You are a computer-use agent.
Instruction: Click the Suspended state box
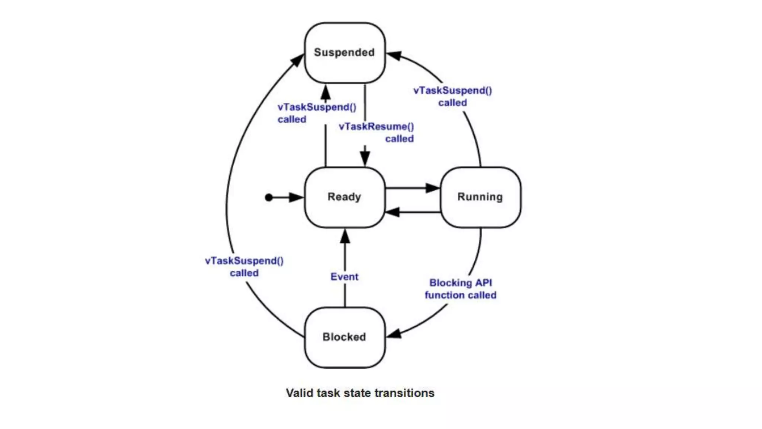pyautogui.click(x=345, y=53)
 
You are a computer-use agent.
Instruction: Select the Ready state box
pyautogui.click(x=345, y=197)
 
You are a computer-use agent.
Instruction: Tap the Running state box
pyautogui.click(x=480, y=197)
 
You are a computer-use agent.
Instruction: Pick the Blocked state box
pyautogui.click(x=345, y=337)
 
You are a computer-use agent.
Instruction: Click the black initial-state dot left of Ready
pyautogui.click(x=269, y=197)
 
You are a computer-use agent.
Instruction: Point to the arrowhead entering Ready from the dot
pyautogui.click(x=297, y=197)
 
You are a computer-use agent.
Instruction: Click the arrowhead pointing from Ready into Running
pyautogui.click(x=433, y=188)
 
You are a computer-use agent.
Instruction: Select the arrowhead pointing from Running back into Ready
pyautogui.click(x=393, y=212)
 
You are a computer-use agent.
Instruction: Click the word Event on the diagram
pyautogui.click(x=345, y=277)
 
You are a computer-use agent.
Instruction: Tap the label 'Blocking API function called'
pyautogui.click(x=461, y=289)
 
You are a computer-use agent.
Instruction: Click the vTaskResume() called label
pyautogui.click(x=377, y=133)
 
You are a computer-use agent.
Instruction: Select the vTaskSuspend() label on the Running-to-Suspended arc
pyautogui.click(x=452, y=96)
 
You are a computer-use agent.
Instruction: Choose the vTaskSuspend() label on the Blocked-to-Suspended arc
pyautogui.click(x=244, y=267)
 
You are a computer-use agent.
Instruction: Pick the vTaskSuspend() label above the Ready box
pyautogui.click(x=317, y=113)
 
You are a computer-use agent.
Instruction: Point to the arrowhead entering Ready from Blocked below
pyautogui.click(x=345, y=236)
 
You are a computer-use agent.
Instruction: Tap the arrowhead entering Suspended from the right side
pyautogui.click(x=394, y=56)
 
